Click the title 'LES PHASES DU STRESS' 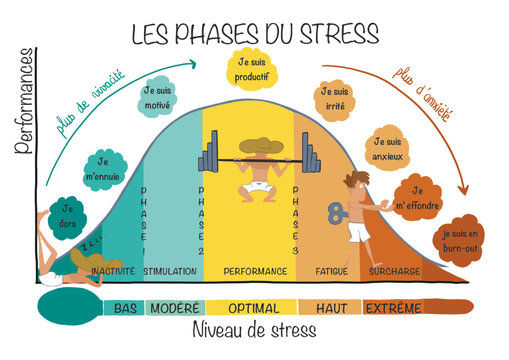click(x=255, y=32)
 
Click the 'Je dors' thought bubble click(x=68, y=217)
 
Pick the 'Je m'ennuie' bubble click(x=102, y=169)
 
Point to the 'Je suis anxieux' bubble click(x=391, y=148)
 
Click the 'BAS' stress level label click(x=125, y=307)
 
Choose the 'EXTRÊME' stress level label click(x=393, y=307)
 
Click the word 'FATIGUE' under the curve click(x=331, y=271)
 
